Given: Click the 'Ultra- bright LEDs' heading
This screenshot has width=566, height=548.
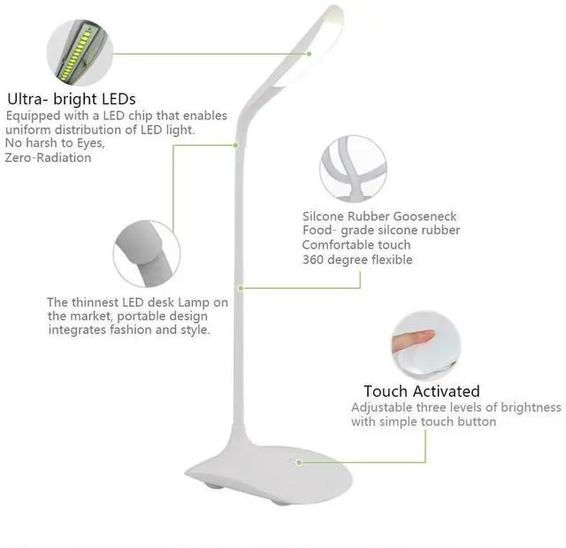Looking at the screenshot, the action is click(x=72, y=99).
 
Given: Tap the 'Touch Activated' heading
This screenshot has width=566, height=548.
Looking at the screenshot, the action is click(x=421, y=391).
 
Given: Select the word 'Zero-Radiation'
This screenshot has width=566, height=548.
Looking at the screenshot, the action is click(x=48, y=158).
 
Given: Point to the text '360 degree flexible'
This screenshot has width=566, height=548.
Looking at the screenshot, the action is click(x=357, y=260).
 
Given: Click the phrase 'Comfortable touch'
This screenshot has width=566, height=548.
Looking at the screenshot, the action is click(x=356, y=245).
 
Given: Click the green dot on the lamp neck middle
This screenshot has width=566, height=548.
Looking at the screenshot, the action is click(x=241, y=287).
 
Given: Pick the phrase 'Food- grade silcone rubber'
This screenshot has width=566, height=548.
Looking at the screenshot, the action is click(x=381, y=231).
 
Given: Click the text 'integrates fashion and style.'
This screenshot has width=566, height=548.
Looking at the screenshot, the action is click(x=129, y=330).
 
